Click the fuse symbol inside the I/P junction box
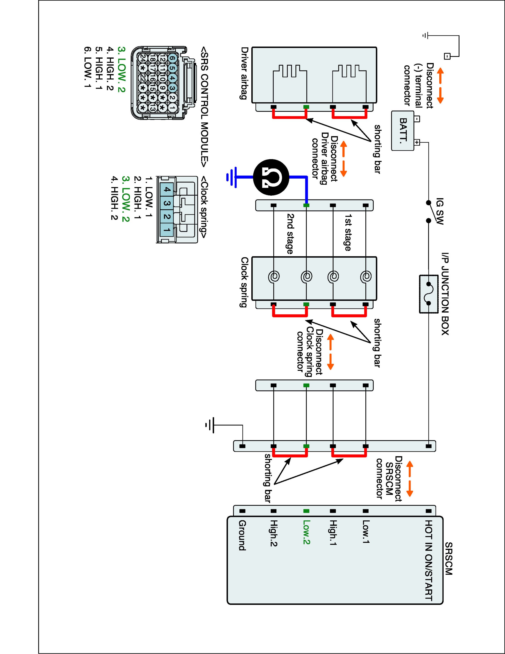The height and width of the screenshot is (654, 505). click(x=428, y=294)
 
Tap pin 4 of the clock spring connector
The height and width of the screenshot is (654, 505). click(x=167, y=190)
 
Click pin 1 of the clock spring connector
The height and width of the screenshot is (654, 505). click(x=167, y=230)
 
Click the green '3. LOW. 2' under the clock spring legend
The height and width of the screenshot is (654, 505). click(x=125, y=199)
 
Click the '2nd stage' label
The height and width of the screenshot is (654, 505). click(x=290, y=234)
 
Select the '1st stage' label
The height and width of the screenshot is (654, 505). click(x=348, y=232)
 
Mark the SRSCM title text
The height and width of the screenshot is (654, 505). click(x=449, y=559)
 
